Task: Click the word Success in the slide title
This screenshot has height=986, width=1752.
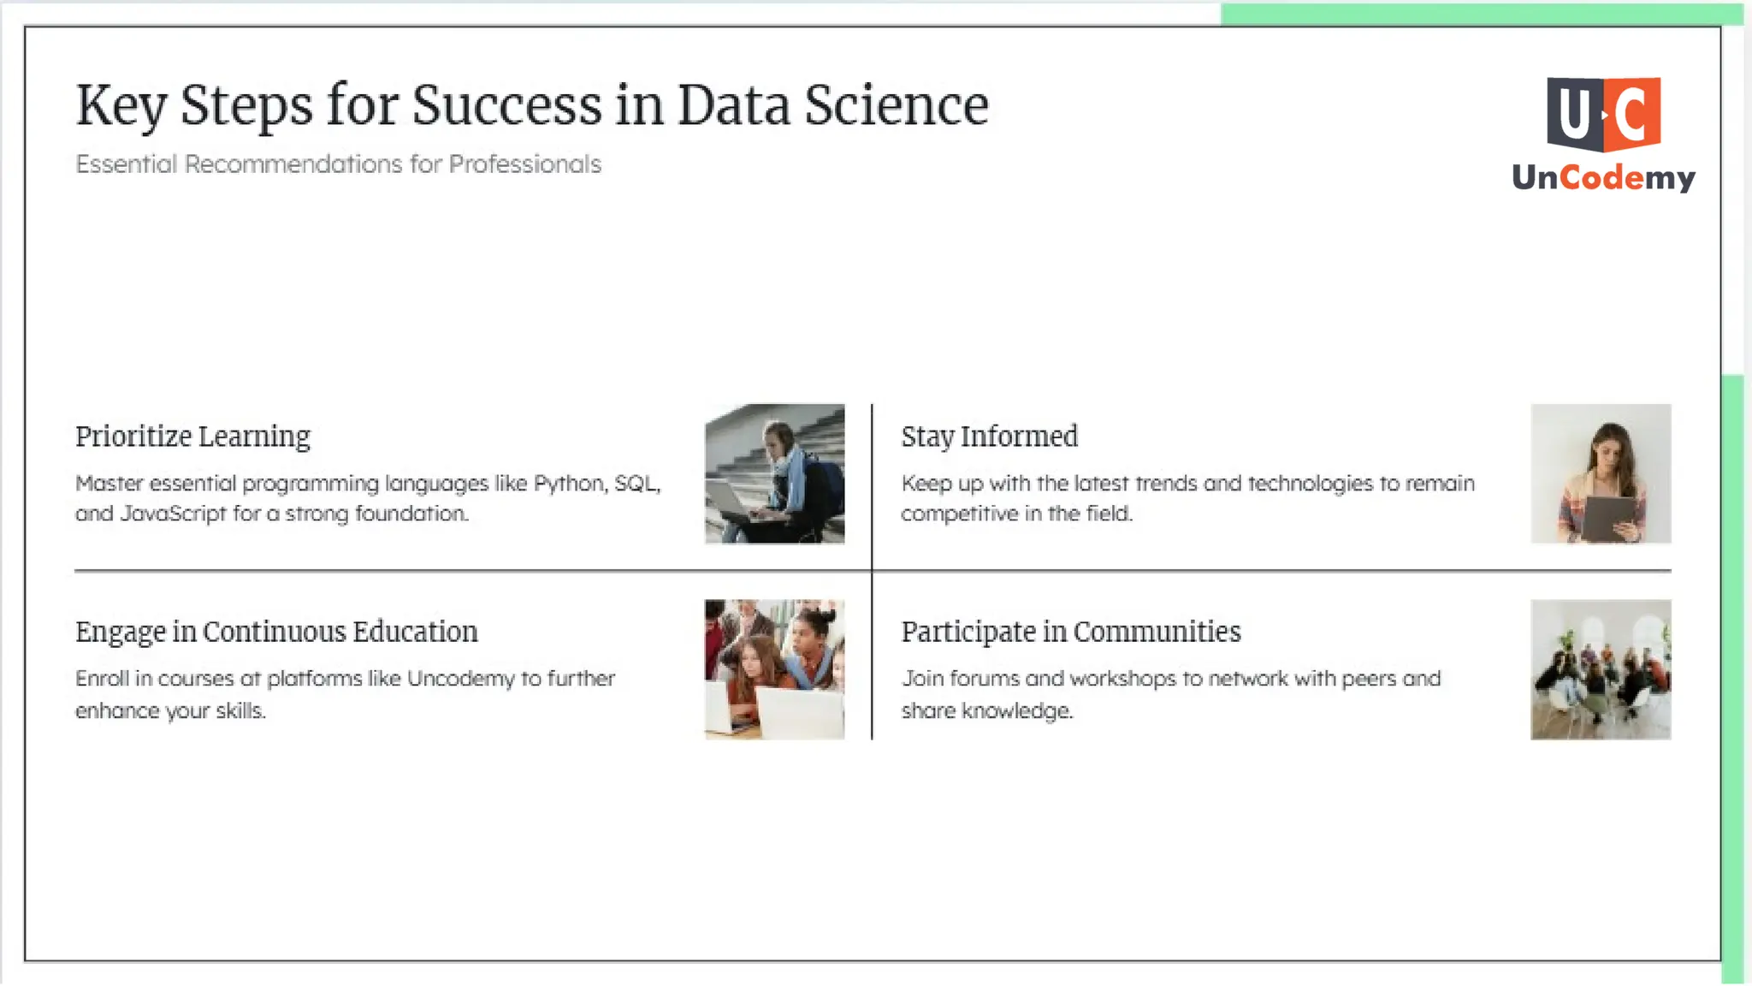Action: tap(507, 105)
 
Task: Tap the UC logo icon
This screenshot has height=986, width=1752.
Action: tap(1603, 114)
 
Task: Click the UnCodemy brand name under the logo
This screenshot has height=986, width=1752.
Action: tap(1603, 177)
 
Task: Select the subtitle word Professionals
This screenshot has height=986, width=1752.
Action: tap(524, 163)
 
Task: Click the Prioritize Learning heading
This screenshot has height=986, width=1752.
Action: tap(192, 437)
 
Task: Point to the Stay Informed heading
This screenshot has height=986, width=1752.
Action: tap(989, 437)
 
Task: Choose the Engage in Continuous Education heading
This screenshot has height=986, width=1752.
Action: tap(276, 632)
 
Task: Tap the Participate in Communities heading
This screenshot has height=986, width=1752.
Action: tap(1070, 632)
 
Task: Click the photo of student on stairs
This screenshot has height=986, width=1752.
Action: tap(774, 473)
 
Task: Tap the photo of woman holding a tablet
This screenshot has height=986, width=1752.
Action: tap(1601, 473)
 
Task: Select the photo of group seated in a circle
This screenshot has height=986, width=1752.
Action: tap(1601, 669)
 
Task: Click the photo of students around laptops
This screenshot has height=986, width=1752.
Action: tap(774, 669)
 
